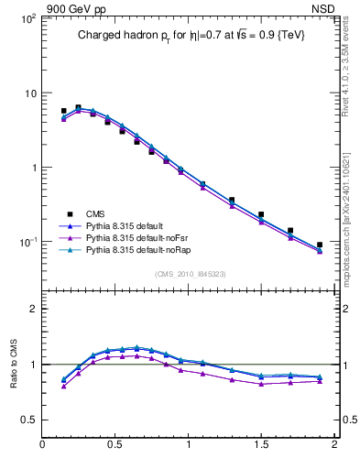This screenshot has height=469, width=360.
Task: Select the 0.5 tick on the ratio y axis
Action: pos(27,420)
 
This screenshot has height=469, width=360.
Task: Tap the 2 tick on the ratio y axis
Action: pos(32,309)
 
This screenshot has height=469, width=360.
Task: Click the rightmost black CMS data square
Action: pos(320,245)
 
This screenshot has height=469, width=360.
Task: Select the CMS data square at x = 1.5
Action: pos(261,214)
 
